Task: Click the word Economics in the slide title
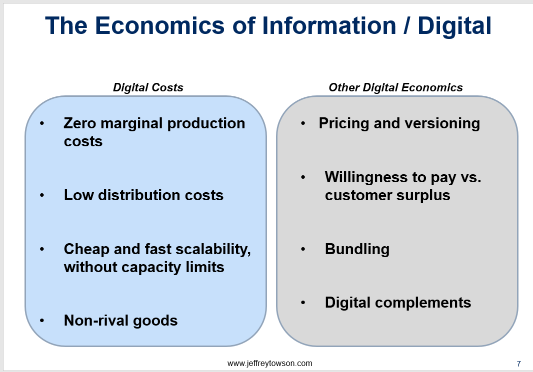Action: point(159,26)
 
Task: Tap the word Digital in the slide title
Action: point(454,26)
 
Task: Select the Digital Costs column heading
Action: point(148,87)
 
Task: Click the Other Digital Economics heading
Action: point(395,87)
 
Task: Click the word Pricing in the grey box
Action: point(343,123)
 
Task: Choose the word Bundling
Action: point(357,250)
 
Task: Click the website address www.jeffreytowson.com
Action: point(269,364)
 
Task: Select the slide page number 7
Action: point(518,364)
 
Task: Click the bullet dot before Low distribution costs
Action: point(42,195)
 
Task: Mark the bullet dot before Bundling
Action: point(303,249)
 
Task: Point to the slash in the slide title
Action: point(406,26)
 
